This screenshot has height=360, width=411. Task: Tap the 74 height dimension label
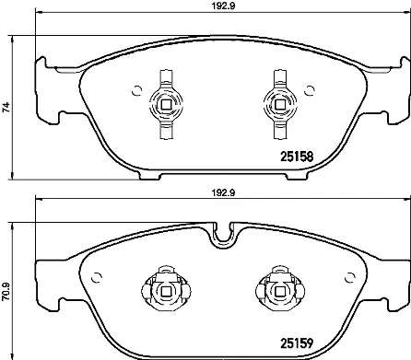(8, 107)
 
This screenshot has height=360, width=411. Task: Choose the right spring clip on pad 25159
(275, 290)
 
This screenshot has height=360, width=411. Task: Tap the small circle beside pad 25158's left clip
(137, 90)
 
